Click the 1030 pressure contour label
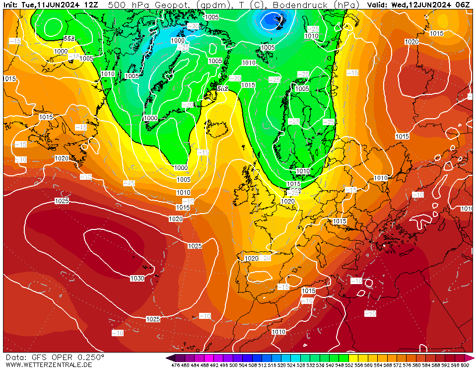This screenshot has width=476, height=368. pyautogui.click(x=137, y=279)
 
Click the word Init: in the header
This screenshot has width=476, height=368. pyautogui.click(x=11, y=4)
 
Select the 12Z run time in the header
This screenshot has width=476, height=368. pyautogui.click(x=91, y=4)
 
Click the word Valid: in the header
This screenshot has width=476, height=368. pyautogui.click(x=378, y=4)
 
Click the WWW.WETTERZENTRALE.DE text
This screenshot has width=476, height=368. pyautogui.click(x=49, y=365)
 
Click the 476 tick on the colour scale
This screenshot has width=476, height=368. pyautogui.click(x=175, y=365)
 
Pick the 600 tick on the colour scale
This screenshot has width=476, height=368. pyautogui.click(x=465, y=365)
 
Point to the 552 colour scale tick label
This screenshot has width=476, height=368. pyautogui.click(x=349, y=365)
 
